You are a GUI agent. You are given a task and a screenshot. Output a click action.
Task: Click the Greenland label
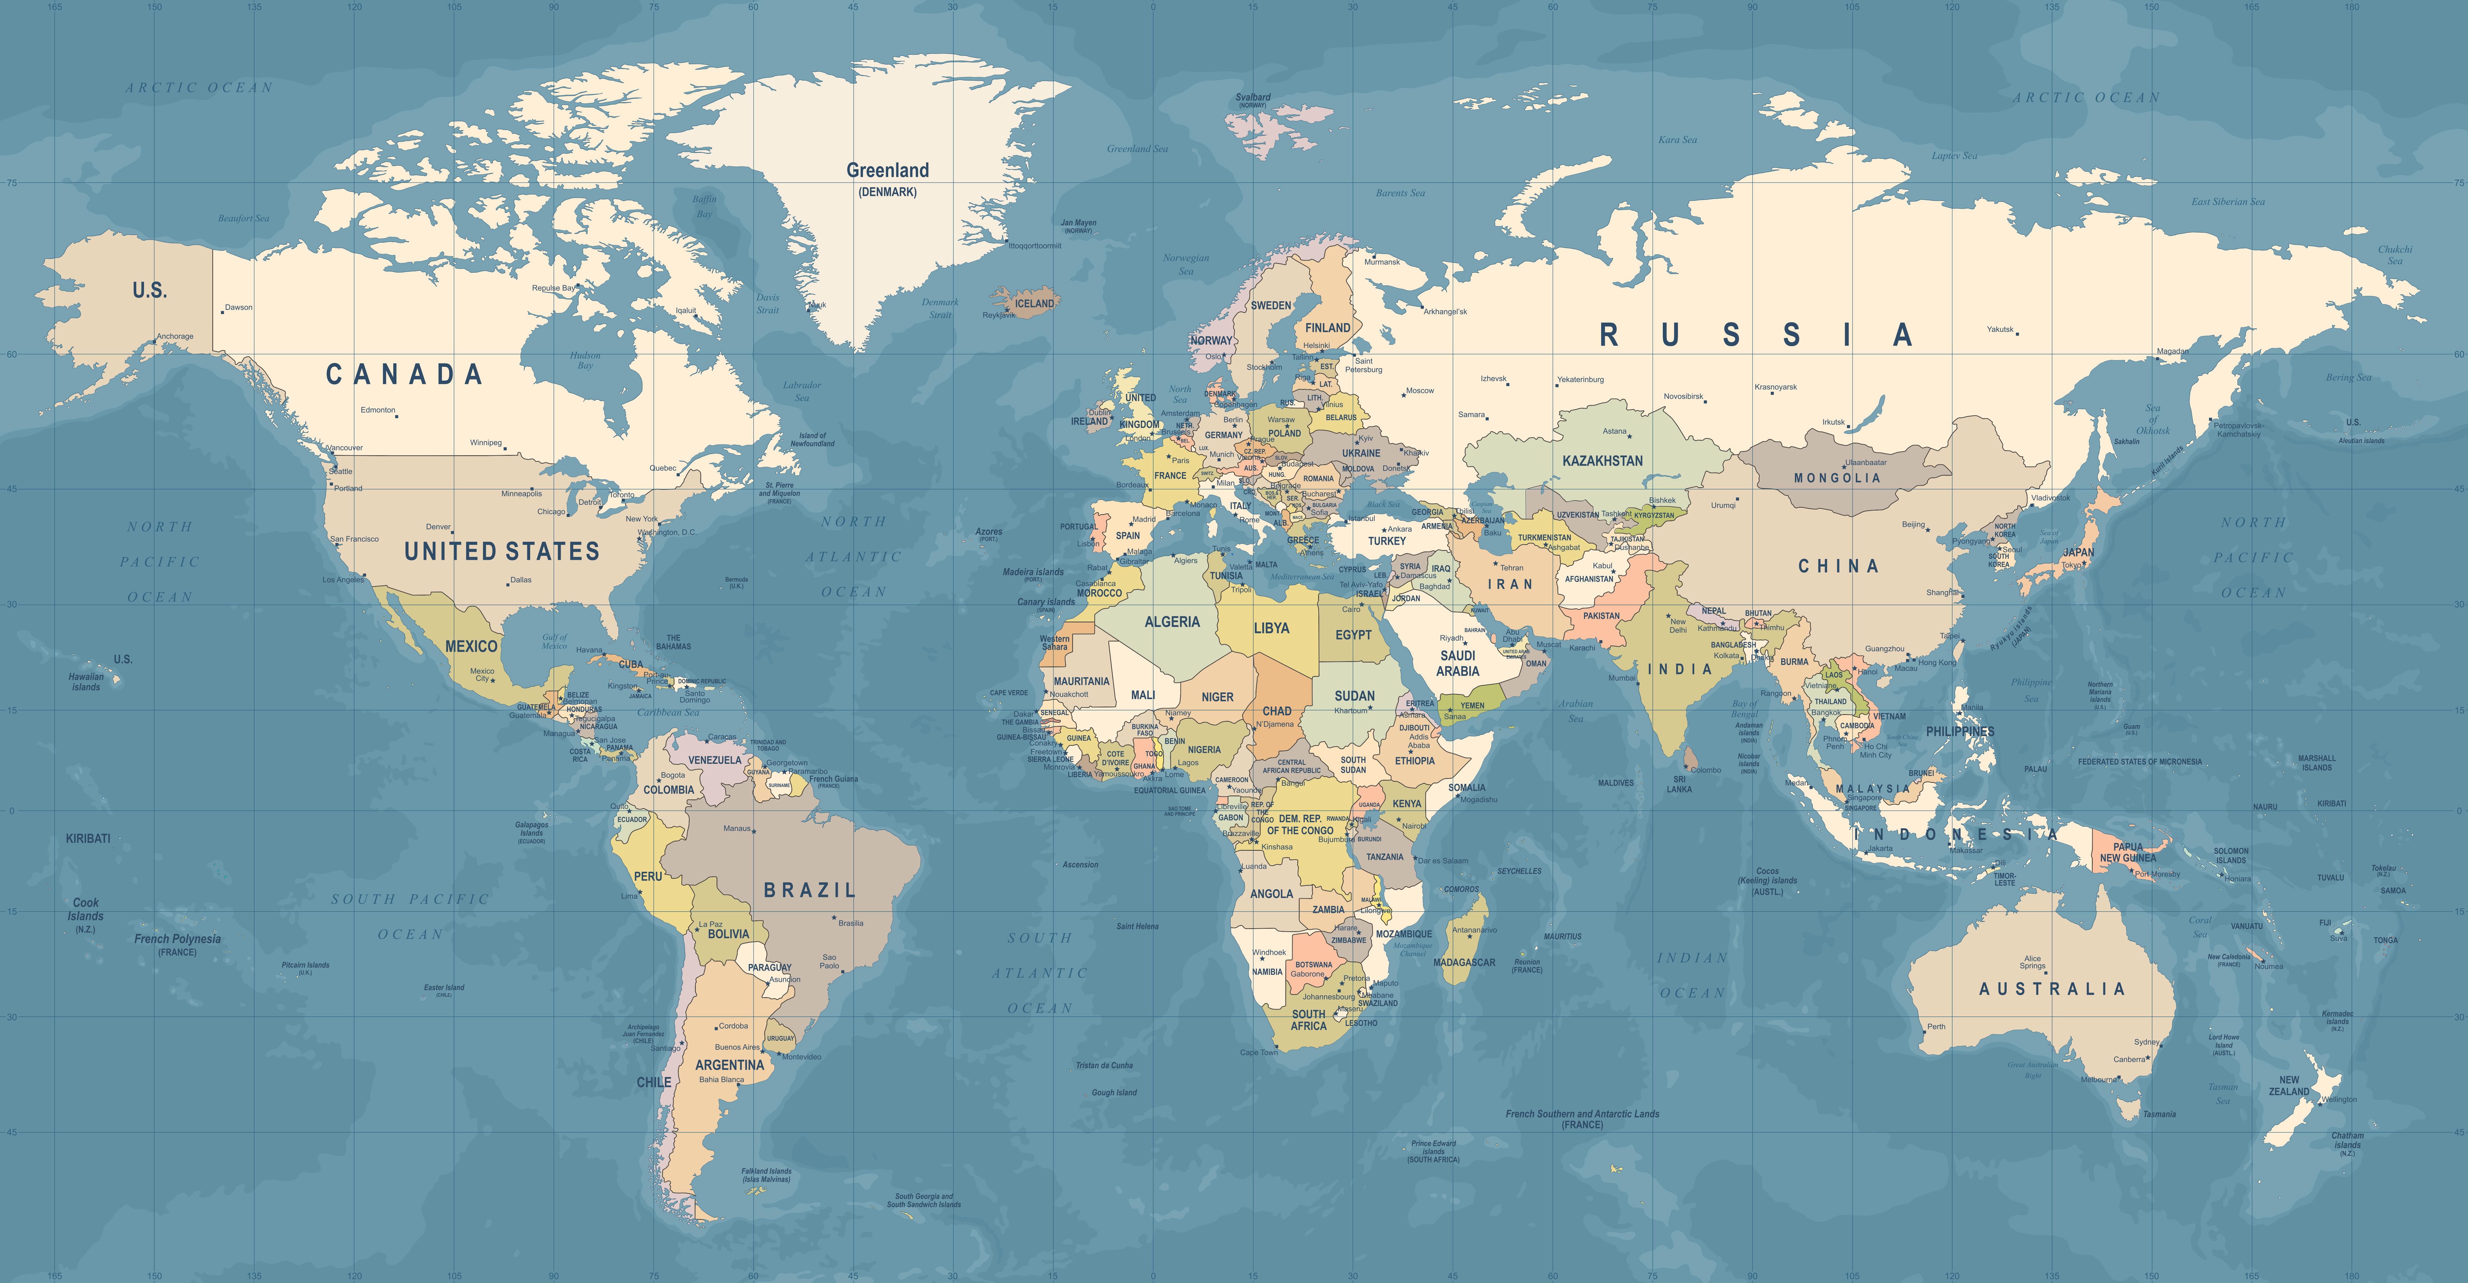pyautogui.click(x=887, y=171)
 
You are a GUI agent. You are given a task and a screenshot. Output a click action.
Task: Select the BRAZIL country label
pyautogui.click(x=810, y=890)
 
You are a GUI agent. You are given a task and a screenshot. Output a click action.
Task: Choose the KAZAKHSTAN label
pyautogui.click(x=1602, y=461)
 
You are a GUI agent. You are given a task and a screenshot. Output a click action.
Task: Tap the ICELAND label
pyautogui.click(x=1034, y=304)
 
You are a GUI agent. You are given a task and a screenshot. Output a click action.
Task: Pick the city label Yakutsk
pyautogui.click(x=2000, y=330)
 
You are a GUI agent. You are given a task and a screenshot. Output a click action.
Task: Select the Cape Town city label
pyautogui.click(x=1258, y=1052)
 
